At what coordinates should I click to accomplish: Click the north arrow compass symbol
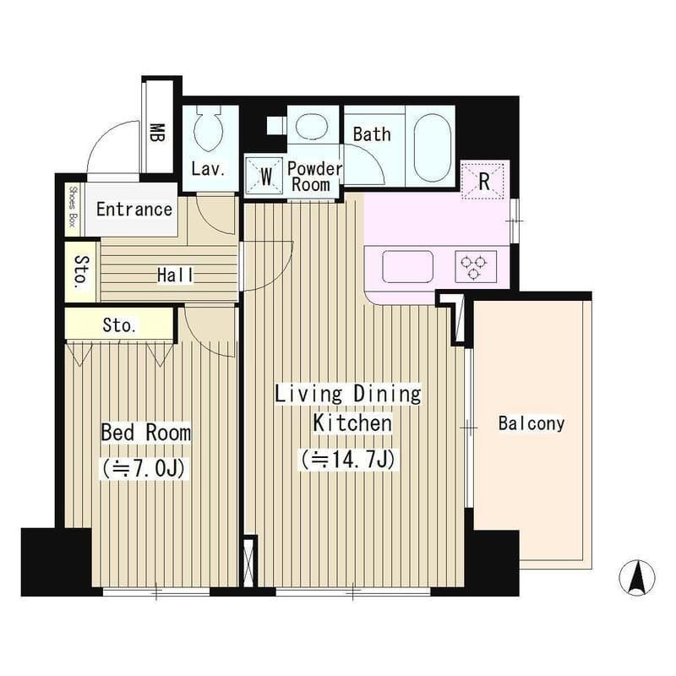[x=637, y=578]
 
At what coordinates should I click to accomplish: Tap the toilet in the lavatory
[x=208, y=128]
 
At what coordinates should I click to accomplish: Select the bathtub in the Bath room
[x=432, y=147]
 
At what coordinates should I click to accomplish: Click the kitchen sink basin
[x=407, y=266]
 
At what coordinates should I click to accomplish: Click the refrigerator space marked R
[x=483, y=180]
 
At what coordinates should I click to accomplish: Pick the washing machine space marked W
[x=264, y=177]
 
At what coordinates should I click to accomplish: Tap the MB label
[x=157, y=134]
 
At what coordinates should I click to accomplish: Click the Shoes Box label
[x=73, y=209]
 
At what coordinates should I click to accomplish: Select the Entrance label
[x=134, y=210]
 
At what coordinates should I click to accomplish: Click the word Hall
[x=175, y=275]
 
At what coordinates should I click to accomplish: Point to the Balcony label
[x=532, y=423]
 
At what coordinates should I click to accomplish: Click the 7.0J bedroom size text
[x=144, y=468]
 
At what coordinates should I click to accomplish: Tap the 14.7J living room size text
[x=348, y=459]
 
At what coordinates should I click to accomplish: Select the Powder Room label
[x=314, y=177]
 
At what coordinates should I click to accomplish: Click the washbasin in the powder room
[x=311, y=125]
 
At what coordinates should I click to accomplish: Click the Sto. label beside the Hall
[x=82, y=272]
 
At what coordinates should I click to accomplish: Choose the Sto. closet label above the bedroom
[x=119, y=325]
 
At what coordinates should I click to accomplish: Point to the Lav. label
[x=208, y=169]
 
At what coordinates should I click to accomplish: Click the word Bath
[x=372, y=134]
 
